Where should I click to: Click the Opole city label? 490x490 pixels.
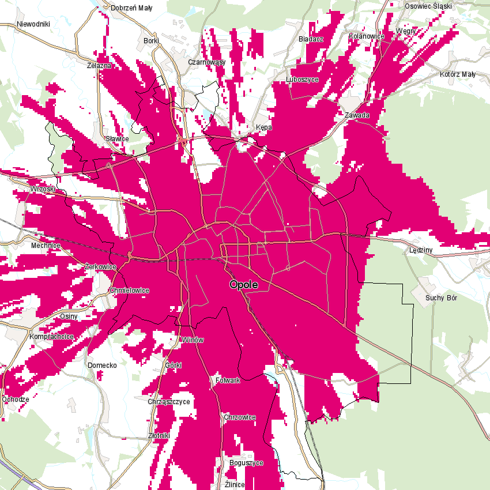[x=243, y=285]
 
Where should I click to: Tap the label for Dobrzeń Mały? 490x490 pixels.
[x=131, y=8]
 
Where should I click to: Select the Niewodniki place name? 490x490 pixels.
[x=34, y=24]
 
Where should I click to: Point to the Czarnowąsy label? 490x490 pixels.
[x=206, y=62]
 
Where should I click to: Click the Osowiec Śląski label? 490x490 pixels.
[x=429, y=6]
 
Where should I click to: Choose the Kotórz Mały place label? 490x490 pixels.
[x=458, y=74]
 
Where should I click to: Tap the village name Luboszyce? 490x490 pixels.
[x=302, y=79]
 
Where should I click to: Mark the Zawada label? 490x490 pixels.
[x=357, y=115]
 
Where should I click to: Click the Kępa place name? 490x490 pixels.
[x=263, y=127]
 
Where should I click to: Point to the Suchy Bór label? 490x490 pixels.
[x=442, y=298]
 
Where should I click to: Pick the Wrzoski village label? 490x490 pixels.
[x=43, y=189]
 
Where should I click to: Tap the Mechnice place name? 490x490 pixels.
[x=46, y=245]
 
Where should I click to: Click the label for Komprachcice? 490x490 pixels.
[x=52, y=336]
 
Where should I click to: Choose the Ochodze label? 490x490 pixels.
[x=16, y=399]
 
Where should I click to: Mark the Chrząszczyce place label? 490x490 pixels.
[x=169, y=401]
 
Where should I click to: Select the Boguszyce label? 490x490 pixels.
[x=246, y=463]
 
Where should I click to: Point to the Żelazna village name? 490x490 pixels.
[x=99, y=66]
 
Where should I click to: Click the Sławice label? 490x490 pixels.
[x=118, y=139]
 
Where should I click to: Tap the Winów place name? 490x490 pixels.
[x=193, y=340]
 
